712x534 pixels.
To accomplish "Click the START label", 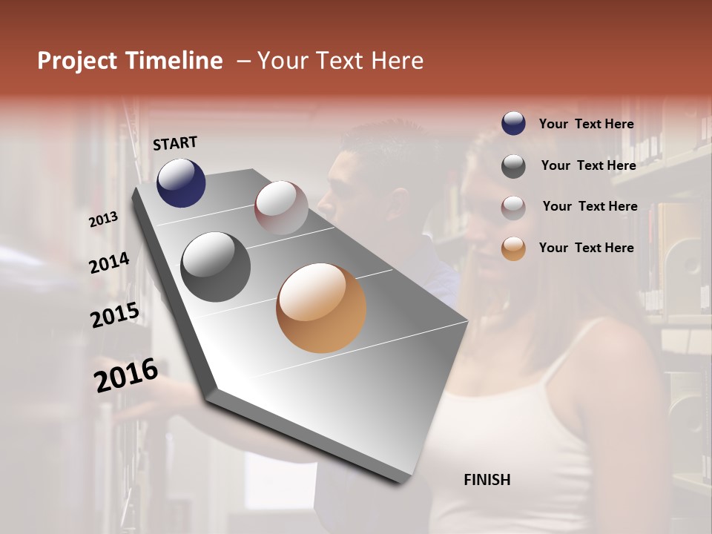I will [175, 143].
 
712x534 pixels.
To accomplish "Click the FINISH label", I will [487, 480].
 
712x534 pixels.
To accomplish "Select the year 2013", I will [104, 220].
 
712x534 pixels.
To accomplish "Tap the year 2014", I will [109, 263].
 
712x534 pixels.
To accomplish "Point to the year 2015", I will [115, 316].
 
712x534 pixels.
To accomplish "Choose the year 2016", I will [126, 375].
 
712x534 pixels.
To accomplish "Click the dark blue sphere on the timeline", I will [181, 182].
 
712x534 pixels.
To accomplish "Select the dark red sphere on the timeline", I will [281, 208].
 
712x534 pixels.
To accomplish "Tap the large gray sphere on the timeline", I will [215, 267].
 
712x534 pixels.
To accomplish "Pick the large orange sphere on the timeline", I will [321, 308].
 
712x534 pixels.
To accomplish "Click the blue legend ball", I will [513, 123].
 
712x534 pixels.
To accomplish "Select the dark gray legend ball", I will [513, 165].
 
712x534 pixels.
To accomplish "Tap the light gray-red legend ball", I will [513, 207].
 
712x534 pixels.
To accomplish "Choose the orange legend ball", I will [513, 248].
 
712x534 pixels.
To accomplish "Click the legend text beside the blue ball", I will [586, 124].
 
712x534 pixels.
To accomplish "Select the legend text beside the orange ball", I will [586, 248].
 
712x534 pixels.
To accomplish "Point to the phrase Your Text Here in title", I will [340, 61].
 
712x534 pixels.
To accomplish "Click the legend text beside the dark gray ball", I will [588, 165].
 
